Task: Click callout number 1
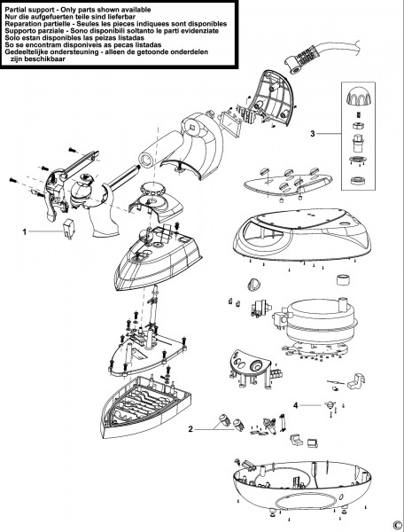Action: (24, 232)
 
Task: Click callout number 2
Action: (190, 429)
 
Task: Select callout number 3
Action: (313, 134)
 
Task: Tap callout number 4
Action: (296, 405)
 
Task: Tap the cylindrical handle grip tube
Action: (157, 148)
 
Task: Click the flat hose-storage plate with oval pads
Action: (288, 183)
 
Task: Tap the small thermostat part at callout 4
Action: (329, 405)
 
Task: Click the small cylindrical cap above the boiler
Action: (343, 279)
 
